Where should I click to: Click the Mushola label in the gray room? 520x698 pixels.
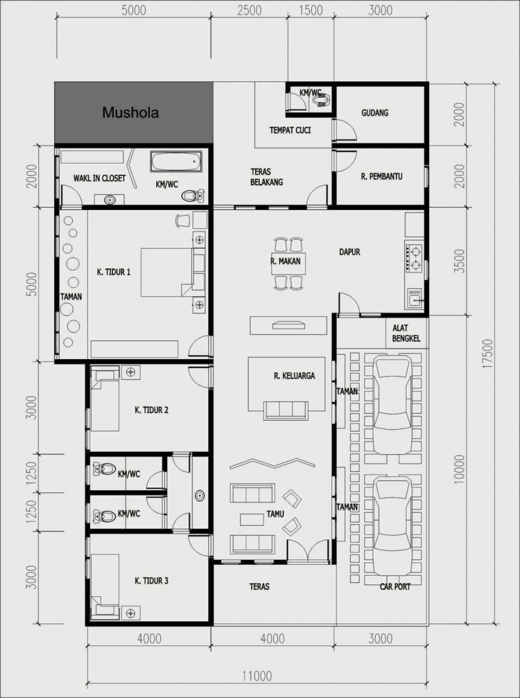(131, 113)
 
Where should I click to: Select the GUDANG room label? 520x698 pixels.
(374, 113)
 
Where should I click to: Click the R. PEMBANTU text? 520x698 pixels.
(382, 175)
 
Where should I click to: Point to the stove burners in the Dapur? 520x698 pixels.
(413, 256)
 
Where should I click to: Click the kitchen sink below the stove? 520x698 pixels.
(414, 297)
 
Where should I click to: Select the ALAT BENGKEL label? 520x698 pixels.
(407, 334)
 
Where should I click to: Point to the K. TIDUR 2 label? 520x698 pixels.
(151, 410)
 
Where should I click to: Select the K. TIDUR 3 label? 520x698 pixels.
(151, 580)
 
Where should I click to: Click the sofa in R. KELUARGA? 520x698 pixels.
(285, 410)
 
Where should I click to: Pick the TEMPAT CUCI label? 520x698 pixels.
(290, 130)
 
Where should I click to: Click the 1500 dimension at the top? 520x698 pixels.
(311, 10)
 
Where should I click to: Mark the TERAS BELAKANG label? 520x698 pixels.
(267, 177)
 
